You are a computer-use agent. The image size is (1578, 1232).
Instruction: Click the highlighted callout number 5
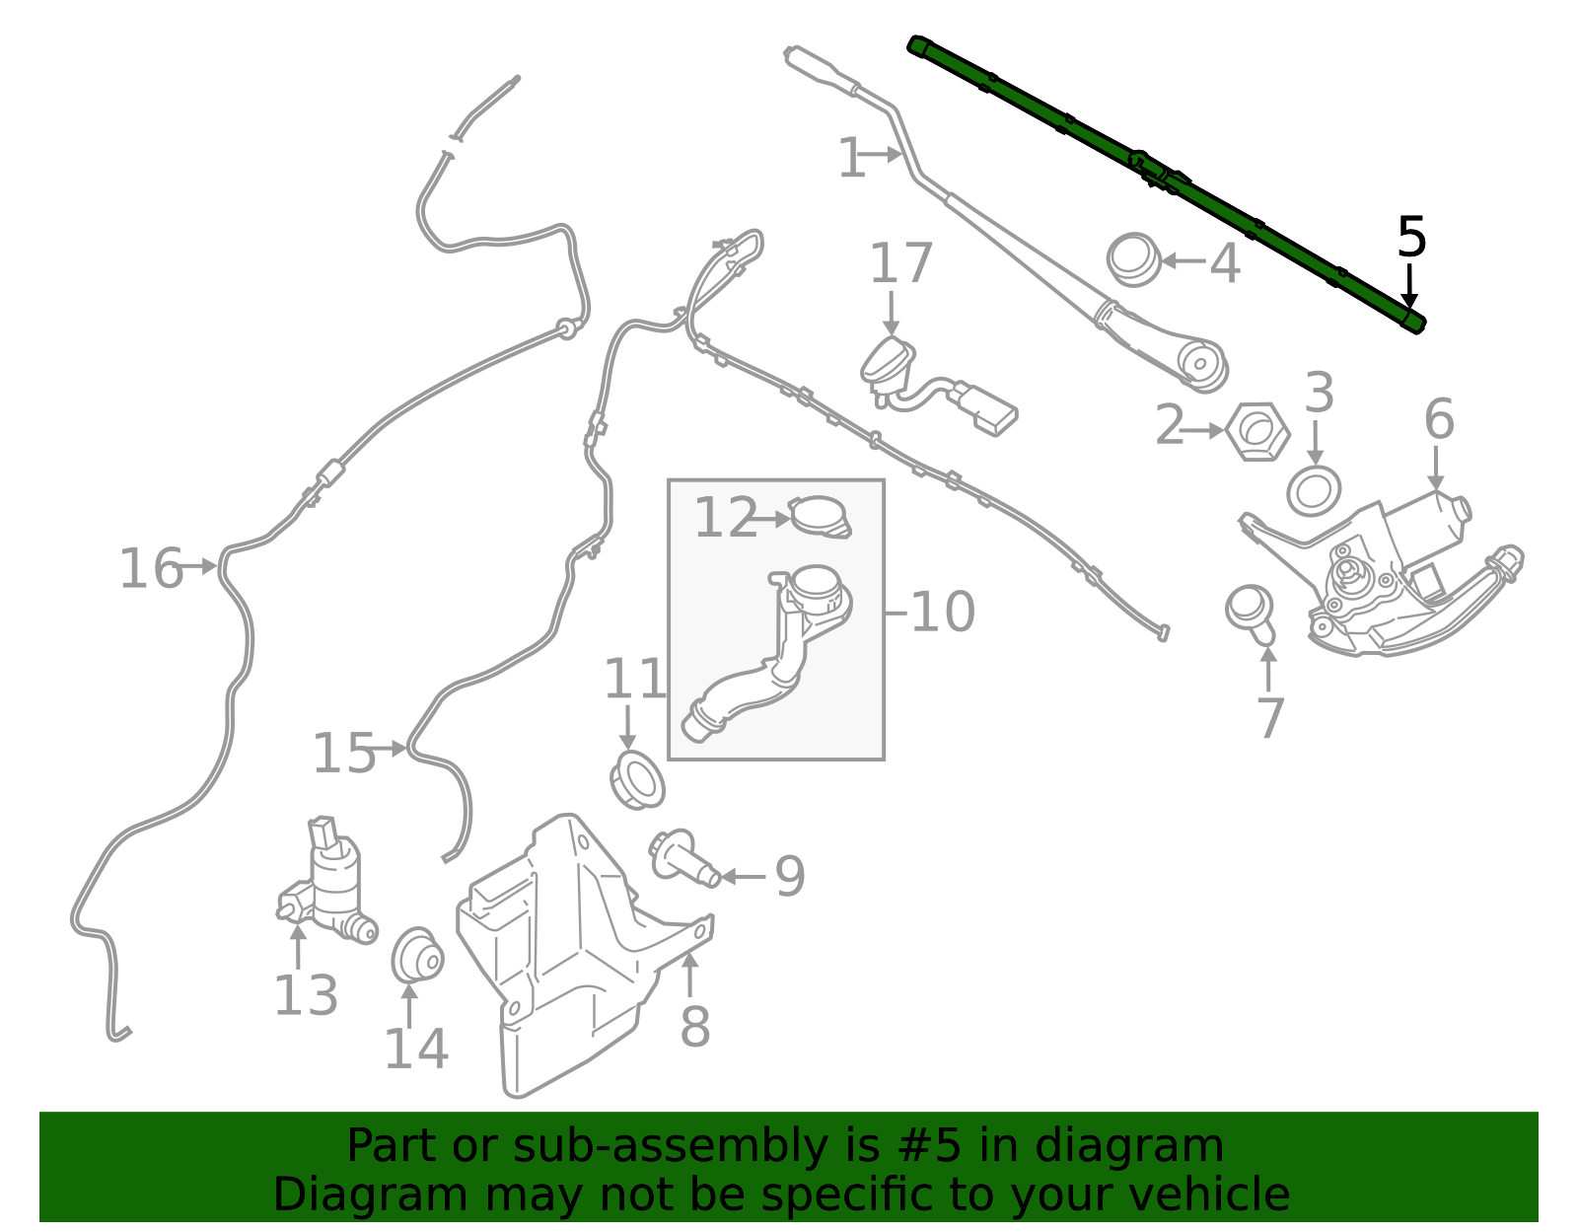[1411, 237]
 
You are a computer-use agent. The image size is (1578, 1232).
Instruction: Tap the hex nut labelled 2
[1257, 432]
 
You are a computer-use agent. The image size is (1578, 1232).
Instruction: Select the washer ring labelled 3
[1314, 491]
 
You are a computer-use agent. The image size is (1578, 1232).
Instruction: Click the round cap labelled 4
[1133, 259]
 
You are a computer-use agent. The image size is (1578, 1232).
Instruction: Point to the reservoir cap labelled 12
[820, 516]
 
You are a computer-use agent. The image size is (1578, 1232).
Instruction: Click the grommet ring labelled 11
[637, 781]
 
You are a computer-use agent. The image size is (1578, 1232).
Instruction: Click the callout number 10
[942, 612]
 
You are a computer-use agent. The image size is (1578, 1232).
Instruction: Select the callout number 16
[151, 568]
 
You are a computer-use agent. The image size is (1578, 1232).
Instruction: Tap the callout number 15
[344, 753]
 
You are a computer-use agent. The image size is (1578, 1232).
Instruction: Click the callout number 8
[695, 1027]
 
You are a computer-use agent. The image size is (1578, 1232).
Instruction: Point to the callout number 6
[1439, 419]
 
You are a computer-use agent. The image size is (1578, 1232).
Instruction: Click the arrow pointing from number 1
[884, 155]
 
